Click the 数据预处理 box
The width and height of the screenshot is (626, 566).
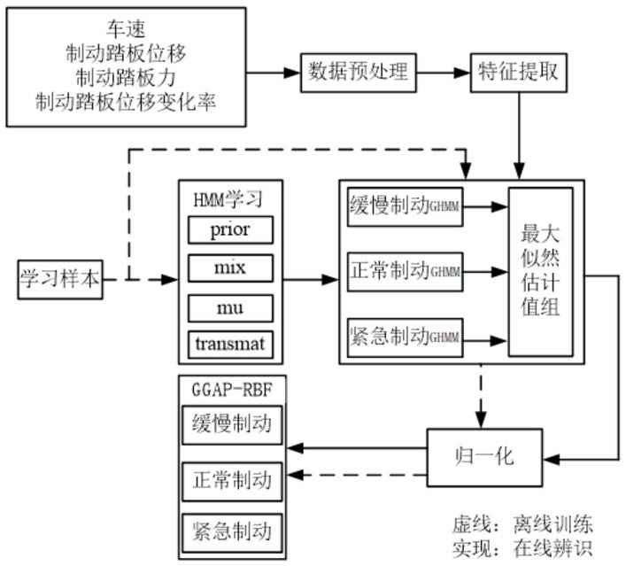point(358,73)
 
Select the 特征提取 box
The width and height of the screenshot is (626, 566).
point(518,73)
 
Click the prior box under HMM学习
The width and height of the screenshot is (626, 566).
point(230,229)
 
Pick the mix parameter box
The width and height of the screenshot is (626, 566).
point(230,268)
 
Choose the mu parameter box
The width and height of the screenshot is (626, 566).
point(230,307)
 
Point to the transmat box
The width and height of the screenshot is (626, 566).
point(230,344)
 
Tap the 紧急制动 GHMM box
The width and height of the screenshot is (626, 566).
point(402,337)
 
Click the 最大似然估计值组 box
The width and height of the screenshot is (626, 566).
point(540,271)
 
